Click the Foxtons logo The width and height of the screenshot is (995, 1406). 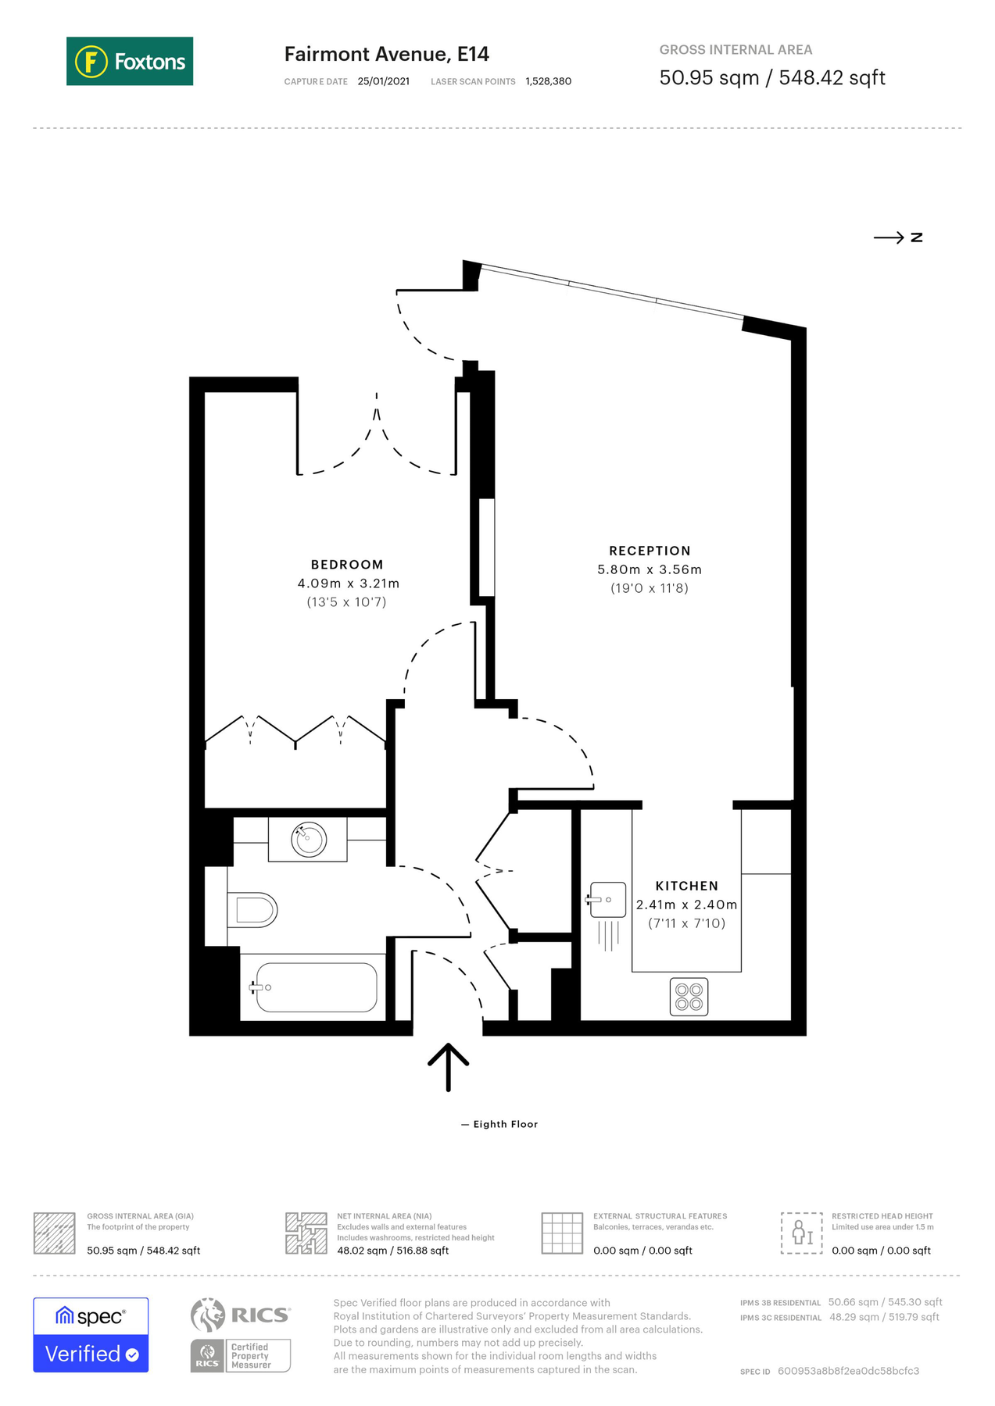pyautogui.click(x=130, y=61)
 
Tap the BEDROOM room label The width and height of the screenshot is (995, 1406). pyautogui.click(x=347, y=565)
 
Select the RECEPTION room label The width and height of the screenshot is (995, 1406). pyautogui.click(x=650, y=551)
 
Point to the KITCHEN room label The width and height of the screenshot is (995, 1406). pyautogui.click(x=686, y=886)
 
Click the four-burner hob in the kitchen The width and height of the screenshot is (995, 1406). pyautogui.click(x=689, y=997)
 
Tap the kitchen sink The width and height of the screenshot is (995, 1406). pyautogui.click(x=607, y=900)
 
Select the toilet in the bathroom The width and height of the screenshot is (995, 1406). pyautogui.click(x=253, y=910)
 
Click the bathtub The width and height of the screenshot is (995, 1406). pyautogui.click(x=316, y=987)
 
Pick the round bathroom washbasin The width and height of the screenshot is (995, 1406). pyautogui.click(x=309, y=840)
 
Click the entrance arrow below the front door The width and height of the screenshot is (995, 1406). pyautogui.click(x=448, y=1066)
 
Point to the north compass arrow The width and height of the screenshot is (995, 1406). pyautogui.click(x=897, y=237)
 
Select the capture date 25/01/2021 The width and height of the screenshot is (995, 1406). pyautogui.click(x=383, y=81)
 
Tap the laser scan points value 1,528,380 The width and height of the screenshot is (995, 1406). pyautogui.click(x=548, y=81)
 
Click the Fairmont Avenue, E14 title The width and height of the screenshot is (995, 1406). pyautogui.click(x=386, y=54)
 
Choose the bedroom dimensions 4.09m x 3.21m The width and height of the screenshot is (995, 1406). pyautogui.click(x=348, y=583)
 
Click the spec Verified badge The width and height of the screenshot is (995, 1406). pyautogui.click(x=91, y=1335)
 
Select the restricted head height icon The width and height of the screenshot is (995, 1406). pyautogui.click(x=801, y=1233)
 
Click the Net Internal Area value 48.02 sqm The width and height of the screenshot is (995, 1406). pyautogui.click(x=392, y=1251)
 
